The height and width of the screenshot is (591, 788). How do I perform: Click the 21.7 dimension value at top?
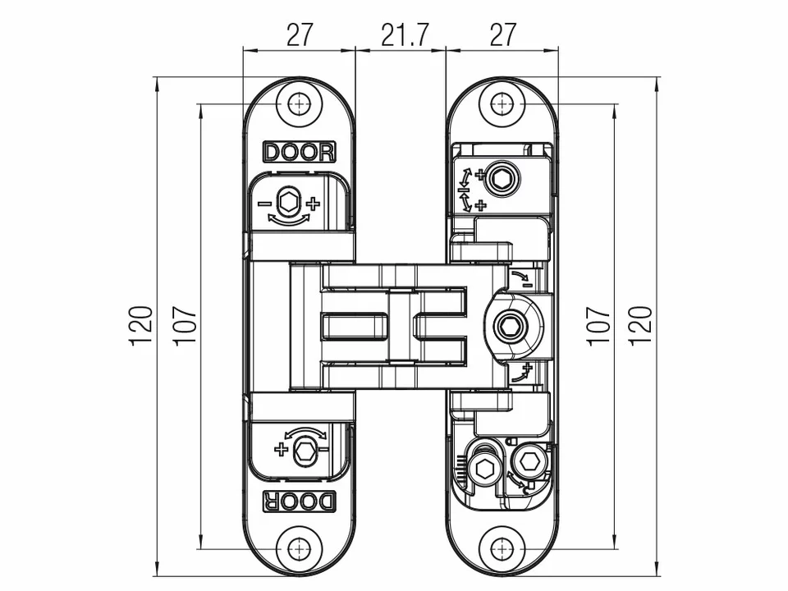(x=405, y=34)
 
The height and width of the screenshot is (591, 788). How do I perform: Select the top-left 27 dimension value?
(x=300, y=34)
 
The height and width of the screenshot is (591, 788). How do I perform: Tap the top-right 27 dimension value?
(x=503, y=34)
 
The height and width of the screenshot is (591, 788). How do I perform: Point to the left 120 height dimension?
(x=141, y=325)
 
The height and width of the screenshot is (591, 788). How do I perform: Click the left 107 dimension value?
(x=185, y=325)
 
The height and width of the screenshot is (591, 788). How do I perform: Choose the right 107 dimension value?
(x=598, y=325)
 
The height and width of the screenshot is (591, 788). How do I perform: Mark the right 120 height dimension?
(x=641, y=325)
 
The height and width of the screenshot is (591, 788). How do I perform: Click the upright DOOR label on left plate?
(x=300, y=152)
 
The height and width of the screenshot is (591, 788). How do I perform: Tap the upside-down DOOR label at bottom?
(x=300, y=501)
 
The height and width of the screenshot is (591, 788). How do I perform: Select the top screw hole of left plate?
(x=300, y=105)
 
